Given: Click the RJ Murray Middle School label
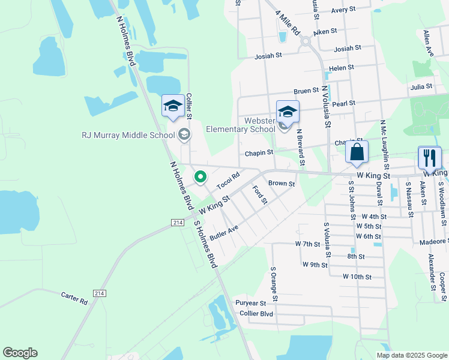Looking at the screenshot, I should tap(128, 135).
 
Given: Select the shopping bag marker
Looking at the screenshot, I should tap(357, 154).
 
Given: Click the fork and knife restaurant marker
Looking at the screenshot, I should tap(429, 158).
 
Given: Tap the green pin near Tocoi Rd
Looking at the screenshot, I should tap(200, 177).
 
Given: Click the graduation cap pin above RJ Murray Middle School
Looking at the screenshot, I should tap(173, 107).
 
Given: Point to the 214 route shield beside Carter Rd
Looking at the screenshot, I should tap(100, 292).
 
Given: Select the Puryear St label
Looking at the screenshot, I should tap(250, 303).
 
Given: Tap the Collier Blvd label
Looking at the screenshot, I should tap(256, 314).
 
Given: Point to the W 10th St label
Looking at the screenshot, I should tap(358, 277).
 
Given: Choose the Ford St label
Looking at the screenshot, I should tap(259, 195).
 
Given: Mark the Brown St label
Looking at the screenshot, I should tap(282, 184).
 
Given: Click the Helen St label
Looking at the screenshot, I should tap(342, 68).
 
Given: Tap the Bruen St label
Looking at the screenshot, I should tap(306, 91).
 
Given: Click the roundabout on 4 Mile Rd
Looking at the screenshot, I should tap(305, 41).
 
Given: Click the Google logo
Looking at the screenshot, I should tap(20, 353).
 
